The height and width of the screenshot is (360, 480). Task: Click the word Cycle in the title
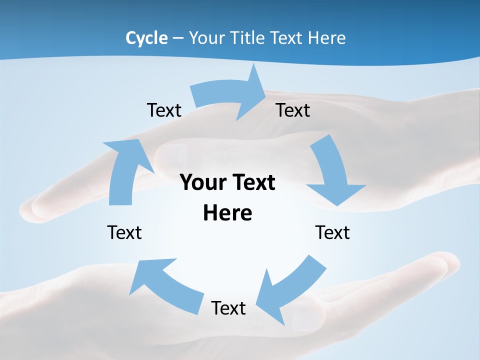coord(146,38)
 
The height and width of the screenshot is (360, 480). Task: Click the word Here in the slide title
coord(327,38)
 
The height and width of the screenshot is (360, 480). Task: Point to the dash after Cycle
coord(178,38)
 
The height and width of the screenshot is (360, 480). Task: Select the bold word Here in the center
coord(227,213)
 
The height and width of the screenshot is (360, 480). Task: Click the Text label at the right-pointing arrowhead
coord(293,110)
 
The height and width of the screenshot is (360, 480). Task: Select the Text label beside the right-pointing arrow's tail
coord(164,110)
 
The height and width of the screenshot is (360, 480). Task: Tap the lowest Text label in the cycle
coord(228,308)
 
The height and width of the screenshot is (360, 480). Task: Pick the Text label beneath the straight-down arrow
coord(332,232)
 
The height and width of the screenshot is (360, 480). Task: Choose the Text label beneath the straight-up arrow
coord(124,232)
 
